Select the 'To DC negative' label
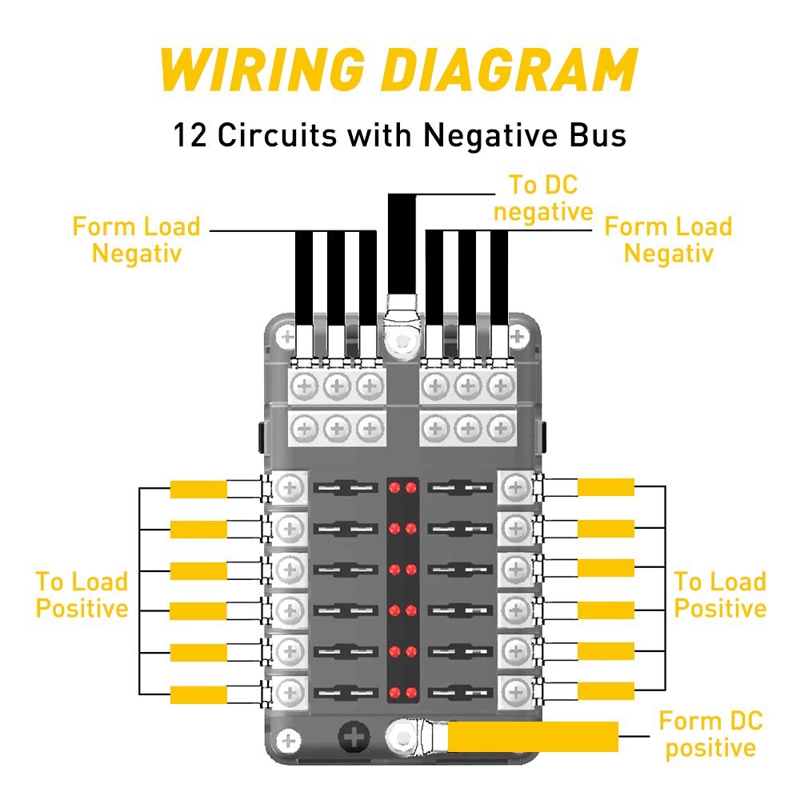tap(543, 198)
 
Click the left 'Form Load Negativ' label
tap(136, 240)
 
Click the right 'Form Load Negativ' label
tap(668, 240)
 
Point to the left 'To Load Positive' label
tap(82, 594)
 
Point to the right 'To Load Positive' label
tap(720, 594)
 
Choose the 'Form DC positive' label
tap(710, 734)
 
